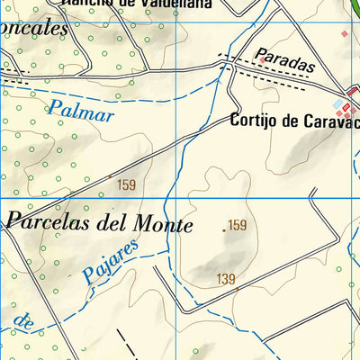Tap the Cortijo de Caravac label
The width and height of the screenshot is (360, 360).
tap(294, 120)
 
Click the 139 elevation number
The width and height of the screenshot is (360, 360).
tap(226, 280)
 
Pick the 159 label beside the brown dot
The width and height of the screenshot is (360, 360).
tap(238, 225)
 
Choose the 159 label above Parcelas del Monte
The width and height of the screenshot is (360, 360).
tap(127, 185)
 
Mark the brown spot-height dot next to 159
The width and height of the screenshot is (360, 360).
tap(224, 230)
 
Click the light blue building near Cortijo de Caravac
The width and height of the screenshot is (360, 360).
tap(339, 104)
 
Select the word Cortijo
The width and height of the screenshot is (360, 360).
tap(256, 120)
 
